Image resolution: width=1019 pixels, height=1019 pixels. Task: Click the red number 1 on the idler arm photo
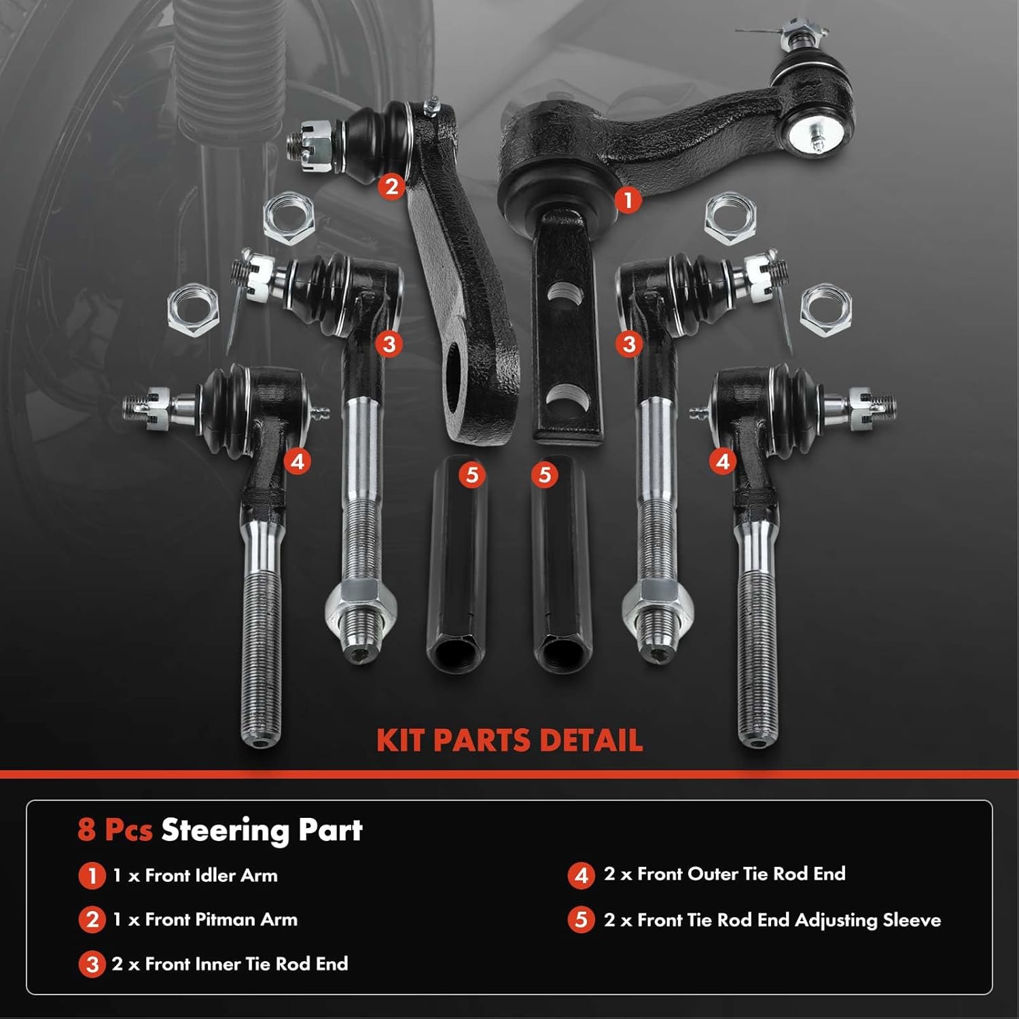tap(628, 200)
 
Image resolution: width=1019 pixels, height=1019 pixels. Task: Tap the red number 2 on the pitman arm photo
tap(391, 185)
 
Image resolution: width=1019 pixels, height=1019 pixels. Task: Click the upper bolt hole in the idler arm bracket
tap(565, 293)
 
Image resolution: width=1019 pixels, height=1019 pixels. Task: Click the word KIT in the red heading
tap(401, 740)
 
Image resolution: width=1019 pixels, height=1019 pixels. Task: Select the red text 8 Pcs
tap(115, 830)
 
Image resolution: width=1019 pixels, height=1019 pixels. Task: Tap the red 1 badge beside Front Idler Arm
tap(92, 876)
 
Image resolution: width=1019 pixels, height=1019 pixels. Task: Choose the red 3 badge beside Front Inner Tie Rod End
tap(92, 965)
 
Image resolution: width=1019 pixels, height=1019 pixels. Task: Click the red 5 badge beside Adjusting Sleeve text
tap(581, 920)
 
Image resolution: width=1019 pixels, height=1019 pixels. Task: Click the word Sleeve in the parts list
tap(912, 920)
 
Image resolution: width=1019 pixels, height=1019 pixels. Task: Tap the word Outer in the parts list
tap(712, 874)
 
